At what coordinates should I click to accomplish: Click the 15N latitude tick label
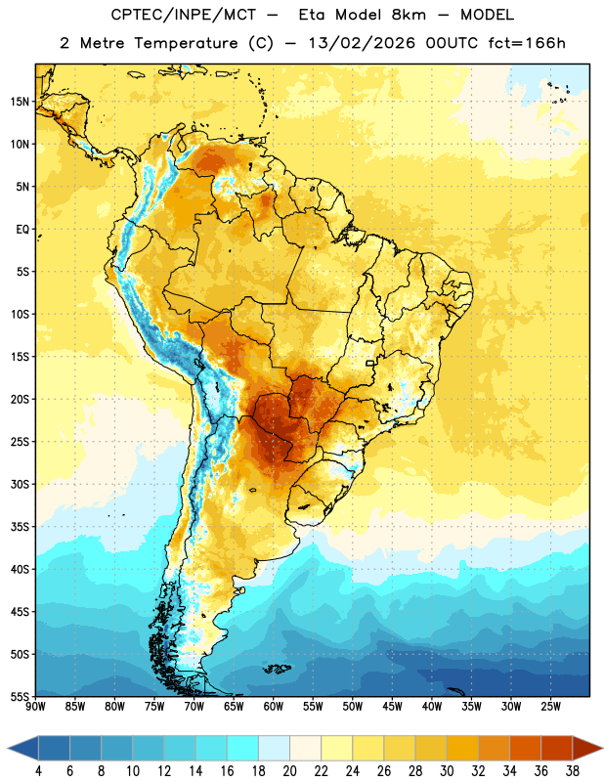pyautogui.click(x=19, y=102)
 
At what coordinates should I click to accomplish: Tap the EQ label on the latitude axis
pyautogui.click(x=22, y=230)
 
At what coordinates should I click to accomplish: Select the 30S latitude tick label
pyautogui.click(x=20, y=484)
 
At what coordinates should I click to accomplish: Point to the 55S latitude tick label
pyautogui.click(x=20, y=696)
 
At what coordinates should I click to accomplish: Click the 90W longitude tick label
pyautogui.click(x=35, y=706)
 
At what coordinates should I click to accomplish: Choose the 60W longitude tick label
pyautogui.click(x=274, y=706)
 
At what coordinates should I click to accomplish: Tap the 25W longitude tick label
pyautogui.click(x=550, y=706)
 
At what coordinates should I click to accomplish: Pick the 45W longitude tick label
pyautogui.click(x=392, y=706)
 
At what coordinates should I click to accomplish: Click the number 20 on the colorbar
pyautogui.click(x=289, y=771)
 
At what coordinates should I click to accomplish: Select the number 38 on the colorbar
pyautogui.click(x=572, y=771)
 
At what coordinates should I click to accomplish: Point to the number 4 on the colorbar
pyautogui.click(x=38, y=771)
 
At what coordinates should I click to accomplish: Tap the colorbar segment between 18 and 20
pyautogui.click(x=274, y=749)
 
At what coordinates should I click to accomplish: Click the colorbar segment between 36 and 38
pyautogui.click(x=557, y=749)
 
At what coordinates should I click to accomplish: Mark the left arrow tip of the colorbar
pyautogui.click(x=8, y=749)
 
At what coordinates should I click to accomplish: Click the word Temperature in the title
pyautogui.click(x=186, y=43)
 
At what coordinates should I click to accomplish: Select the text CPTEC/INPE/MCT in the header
pyautogui.click(x=183, y=15)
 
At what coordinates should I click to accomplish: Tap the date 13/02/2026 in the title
pyautogui.click(x=361, y=43)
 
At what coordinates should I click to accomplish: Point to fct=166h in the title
pyautogui.click(x=527, y=43)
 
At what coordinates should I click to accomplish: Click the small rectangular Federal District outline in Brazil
pyautogui.click(x=370, y=363)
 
